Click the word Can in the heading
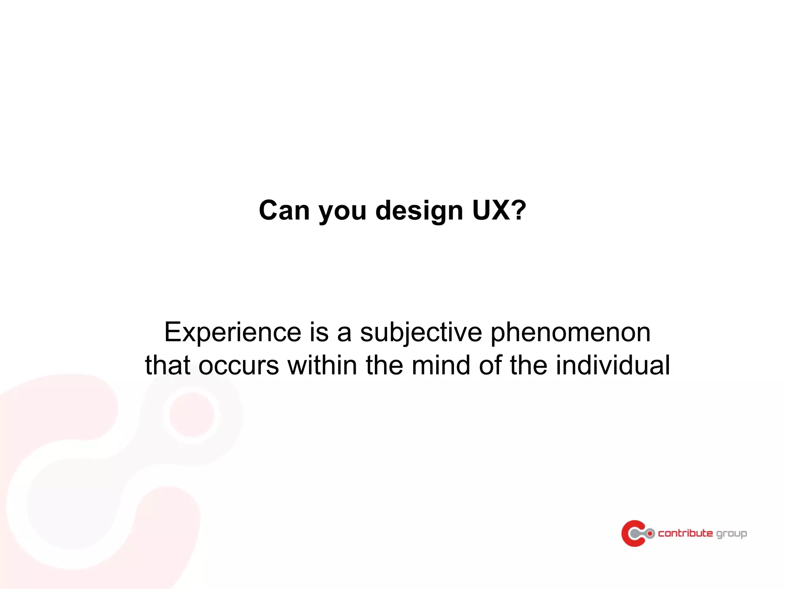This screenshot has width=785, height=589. pyautogui.click(x=284, y=211)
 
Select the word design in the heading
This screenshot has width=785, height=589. pyautogui.click(x=419, y=211)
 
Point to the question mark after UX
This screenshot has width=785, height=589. pyautogui.click(x=519, y=211)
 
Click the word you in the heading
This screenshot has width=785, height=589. pyautogui.click(x=342, y=212)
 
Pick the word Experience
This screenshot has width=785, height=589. pyautogui.click(x=233, y=332)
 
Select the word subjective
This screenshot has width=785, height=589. pyautogui.click(x=421, y=332)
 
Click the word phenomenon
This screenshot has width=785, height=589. pyautogui.click(x=570, y=332)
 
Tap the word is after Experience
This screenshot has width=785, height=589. pyautogui.click(x=319, y=332)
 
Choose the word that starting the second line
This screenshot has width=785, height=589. pyautogui.click(x=168, y=365)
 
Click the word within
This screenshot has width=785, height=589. pyautogui.click(x=322, y=365)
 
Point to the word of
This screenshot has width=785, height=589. pyautogui.click(x=490, y=365)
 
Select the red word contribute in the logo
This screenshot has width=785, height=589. pyautogui.click(x=685, y=533)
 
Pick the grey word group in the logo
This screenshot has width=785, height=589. pyautogui.click(x=731, y=534)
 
